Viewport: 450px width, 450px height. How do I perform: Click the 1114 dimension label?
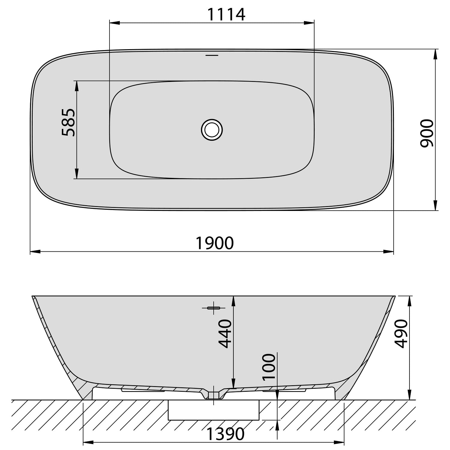[226, 14]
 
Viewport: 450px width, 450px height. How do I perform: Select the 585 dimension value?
[68, 122]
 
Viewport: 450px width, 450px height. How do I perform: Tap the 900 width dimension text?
[427, 133]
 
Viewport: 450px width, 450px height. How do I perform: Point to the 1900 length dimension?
[214, 243]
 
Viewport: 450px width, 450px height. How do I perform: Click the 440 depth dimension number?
[225, 334]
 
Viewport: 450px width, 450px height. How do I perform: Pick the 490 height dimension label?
[401, 334]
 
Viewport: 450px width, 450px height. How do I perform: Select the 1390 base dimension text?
[226, 434]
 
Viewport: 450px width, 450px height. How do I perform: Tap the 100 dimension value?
[268, 367]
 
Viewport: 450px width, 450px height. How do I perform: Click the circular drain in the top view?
[212, 130]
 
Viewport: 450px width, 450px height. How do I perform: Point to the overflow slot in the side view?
[214, 308]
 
